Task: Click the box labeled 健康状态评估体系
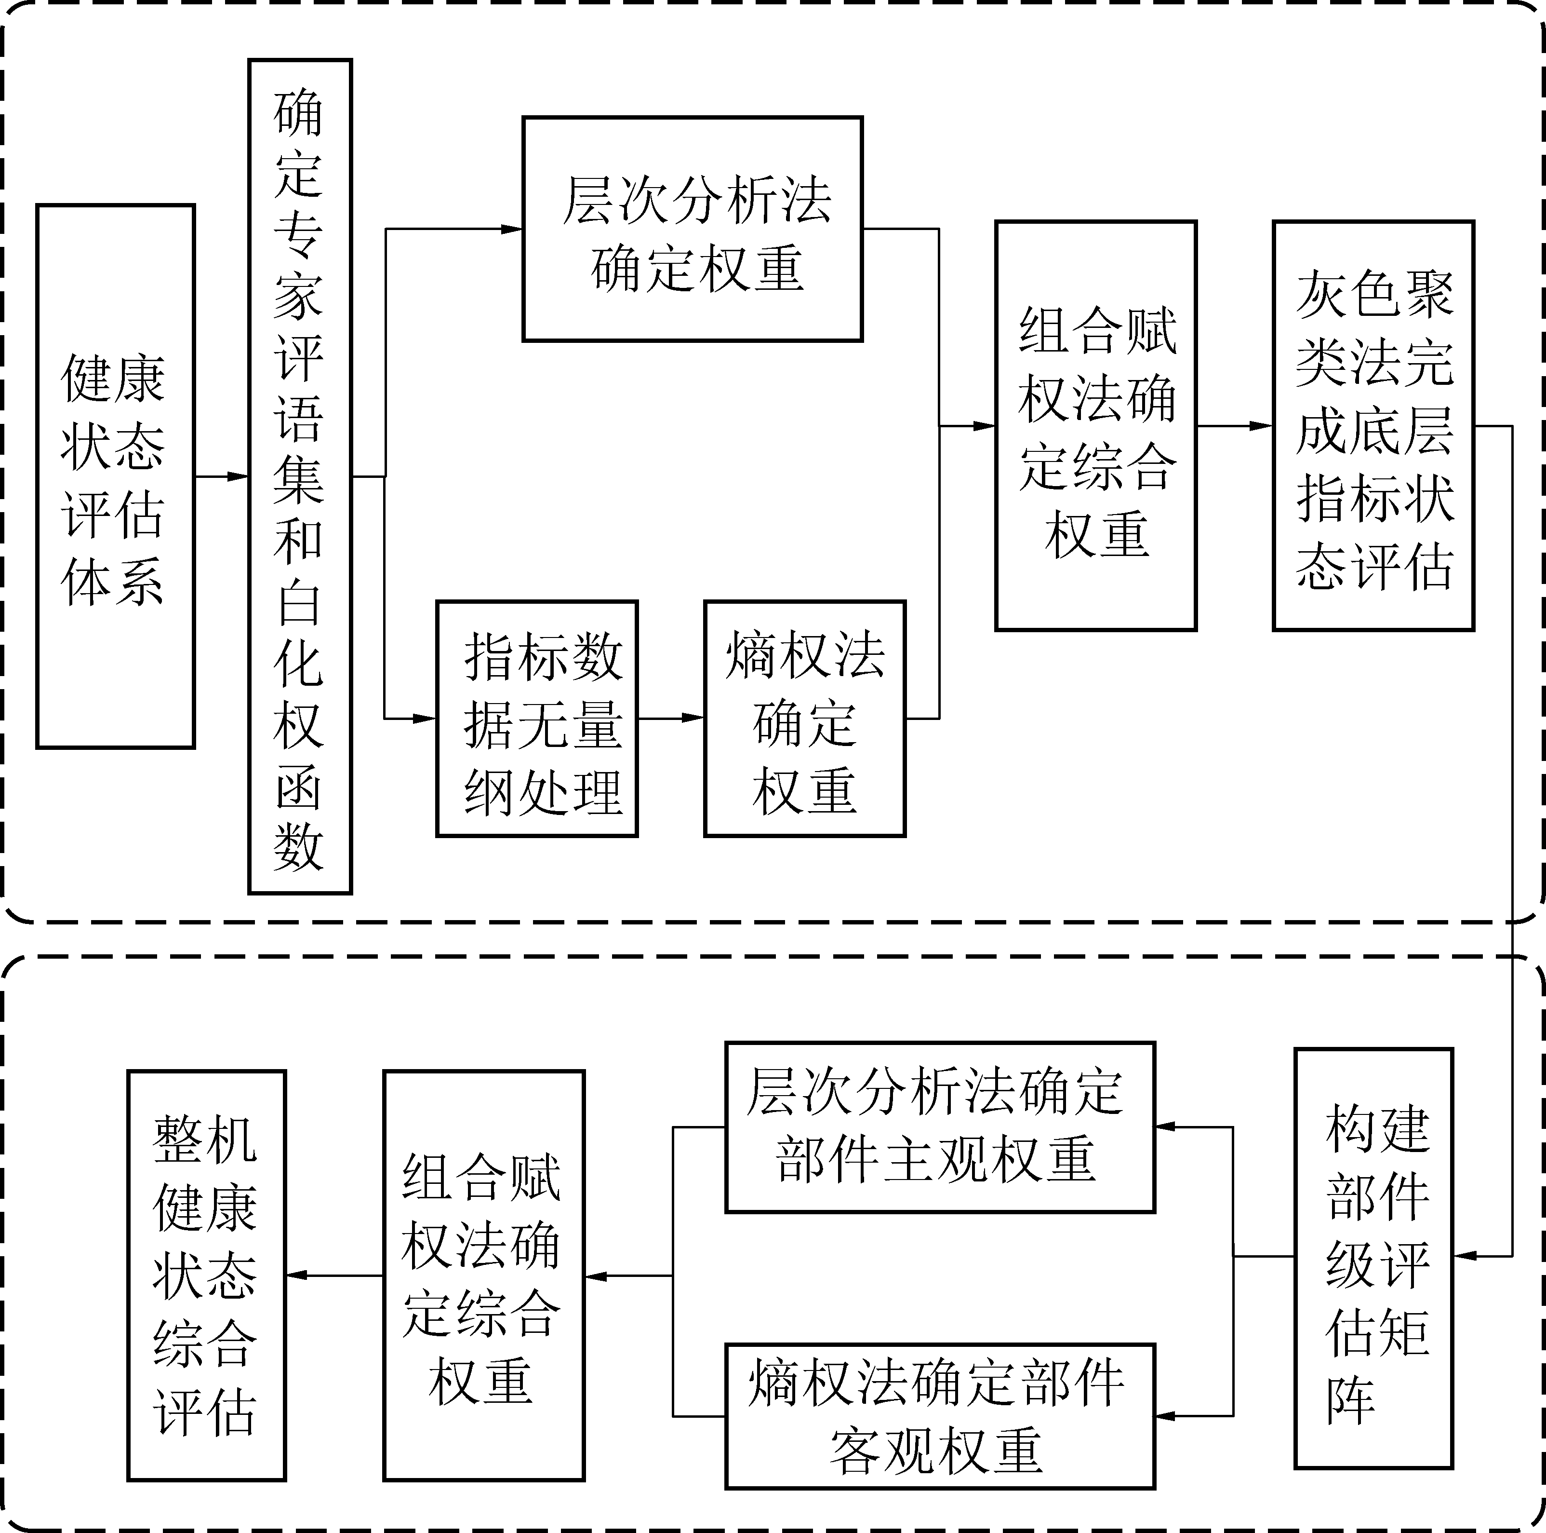coord(115,476)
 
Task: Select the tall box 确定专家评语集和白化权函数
coord(300,476)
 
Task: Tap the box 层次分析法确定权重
coord(692,229)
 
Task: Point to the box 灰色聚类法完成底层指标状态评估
coord(1373,426)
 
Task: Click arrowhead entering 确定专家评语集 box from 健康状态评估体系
coord(239,476)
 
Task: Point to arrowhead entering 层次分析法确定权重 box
coord(512,229)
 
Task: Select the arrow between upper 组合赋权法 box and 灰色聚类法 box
coord(1235,426)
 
